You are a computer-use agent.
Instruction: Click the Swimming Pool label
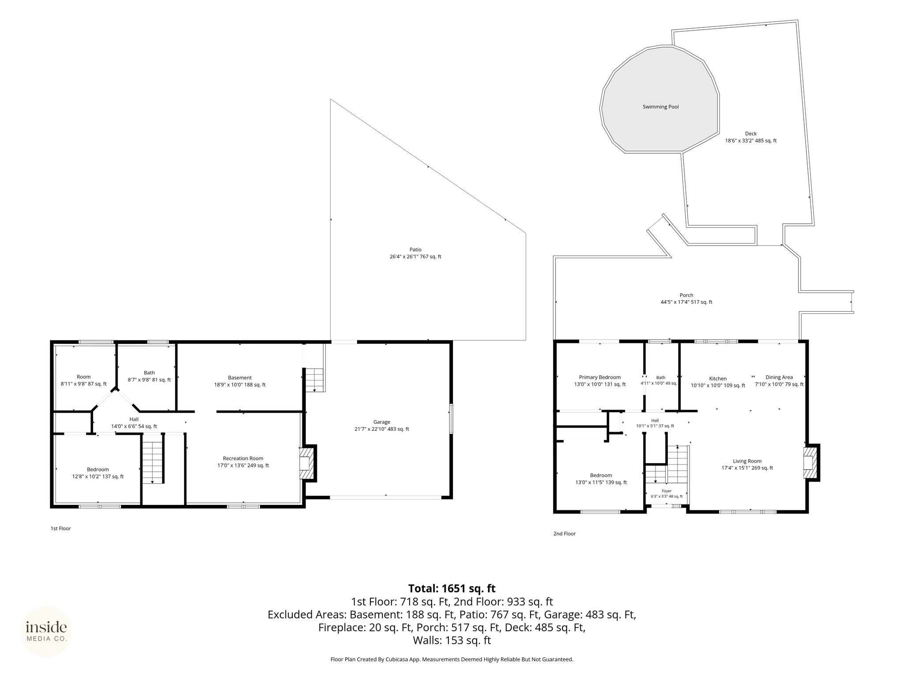pyautogui.click(x=660, y=107)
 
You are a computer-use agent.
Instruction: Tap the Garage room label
pyautogui.click(x=381, y=422)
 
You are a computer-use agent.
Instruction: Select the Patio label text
pyautogui.click(x=415, y=250)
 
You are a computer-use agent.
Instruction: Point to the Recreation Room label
pyautogui.click(x=243, y=458)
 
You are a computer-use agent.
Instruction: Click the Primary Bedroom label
pyautogui.click(x=599, y=377)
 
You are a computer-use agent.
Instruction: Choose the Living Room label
pyautogui.click(x=747, y=461)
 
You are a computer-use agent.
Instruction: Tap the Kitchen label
pyautogui.click(x=718, y=379)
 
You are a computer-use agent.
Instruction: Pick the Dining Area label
pyautogui.click(x=779, y=377)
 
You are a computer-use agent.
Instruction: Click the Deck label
pyautogui.click(x=750, y=134)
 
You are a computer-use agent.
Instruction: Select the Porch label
pyautogui.click(x=686, y=295)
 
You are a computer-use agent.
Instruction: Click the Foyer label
pyautogui.click(x=667, y=491)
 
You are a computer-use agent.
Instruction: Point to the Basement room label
pyautogui.click(x=240, y=378)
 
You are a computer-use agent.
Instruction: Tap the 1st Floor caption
pyautogui.click(x=60, y=528)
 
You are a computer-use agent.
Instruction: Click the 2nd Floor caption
pyautogui.click(x=565, y=534)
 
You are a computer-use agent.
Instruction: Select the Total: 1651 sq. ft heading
pyautogui.click(x=452, y=588)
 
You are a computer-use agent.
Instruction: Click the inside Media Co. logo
pyautogui.click(x=46, y=631)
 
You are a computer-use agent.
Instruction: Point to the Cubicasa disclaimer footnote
pyautogui.click(x=452, y=672)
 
